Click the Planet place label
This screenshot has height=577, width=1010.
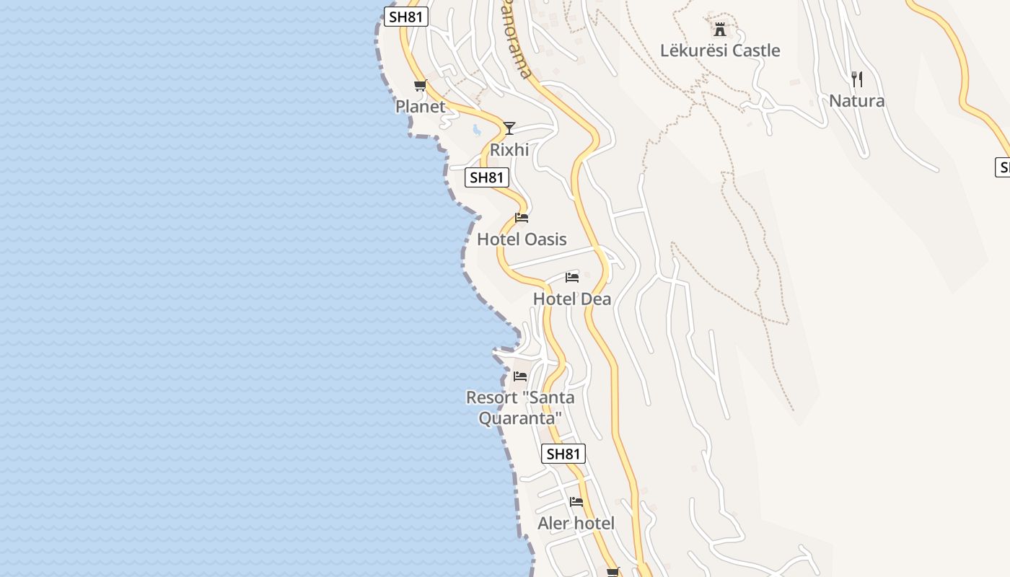[x=421, y=107]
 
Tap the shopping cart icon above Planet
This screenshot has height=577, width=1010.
[x=421, y=86]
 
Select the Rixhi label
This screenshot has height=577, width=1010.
[x=509, y=150]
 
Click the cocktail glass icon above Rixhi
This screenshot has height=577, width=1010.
[x=509, y=128]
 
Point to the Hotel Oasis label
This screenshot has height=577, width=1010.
[x=522, y=239]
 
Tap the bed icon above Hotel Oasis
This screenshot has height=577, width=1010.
[x=522, y=218]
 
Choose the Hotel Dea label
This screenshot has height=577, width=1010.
[x=572, y=299]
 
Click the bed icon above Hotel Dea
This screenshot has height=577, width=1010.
[x=572, y=278]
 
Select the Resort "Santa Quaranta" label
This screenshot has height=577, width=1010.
[x=520, y=408]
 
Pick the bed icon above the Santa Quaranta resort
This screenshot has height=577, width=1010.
[x=520, y=376]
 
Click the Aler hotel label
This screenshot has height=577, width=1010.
[x=576, y=524]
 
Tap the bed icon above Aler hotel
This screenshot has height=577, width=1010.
[x=576, y=502]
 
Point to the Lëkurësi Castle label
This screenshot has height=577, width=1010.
[x=720, y=50]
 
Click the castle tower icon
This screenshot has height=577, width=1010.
[x=719, y=30]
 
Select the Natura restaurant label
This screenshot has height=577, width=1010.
[x=857, y=101]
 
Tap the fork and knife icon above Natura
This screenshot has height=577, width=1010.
[x=857, y=79]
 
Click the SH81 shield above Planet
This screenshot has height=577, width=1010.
[x=405, y=17]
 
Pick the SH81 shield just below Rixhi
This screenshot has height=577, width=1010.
[x=487, y=177]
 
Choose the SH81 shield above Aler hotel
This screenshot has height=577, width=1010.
[x=563, y=454]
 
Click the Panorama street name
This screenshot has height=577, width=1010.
[x=517, y=40]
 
